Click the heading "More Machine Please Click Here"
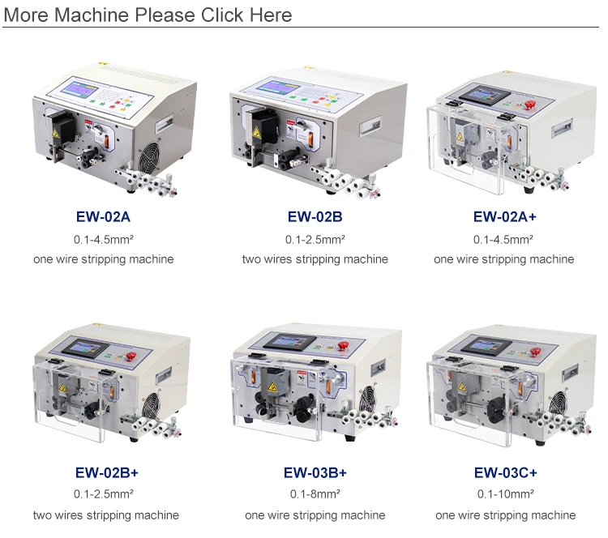pyautogui.click(x=149, y=15)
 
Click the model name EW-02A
pyautogui.click(x=103, y=217)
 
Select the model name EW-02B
pyautogui.click(x=315, y=217)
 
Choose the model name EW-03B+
pyautogui.click(x=315, y=472)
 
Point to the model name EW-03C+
pyautogui.click(x=505, y=472)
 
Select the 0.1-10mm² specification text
pyautogui.click(x=505, y=494)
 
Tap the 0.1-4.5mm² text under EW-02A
pyautogui.click(x=103, y=239)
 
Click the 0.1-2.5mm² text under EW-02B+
pyautogui.click(x=103, y=494)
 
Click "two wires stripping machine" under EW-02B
pyautogui.click(x=315, y=259)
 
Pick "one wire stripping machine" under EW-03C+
pyautogui.click(x=505, y=515)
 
